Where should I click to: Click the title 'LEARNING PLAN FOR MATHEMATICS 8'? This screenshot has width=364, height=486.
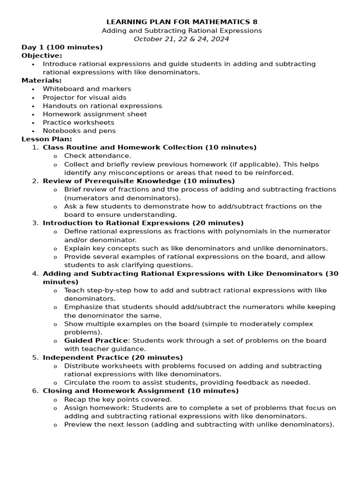tap(182, 22)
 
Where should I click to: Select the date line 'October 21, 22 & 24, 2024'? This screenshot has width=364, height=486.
tap(182, 39)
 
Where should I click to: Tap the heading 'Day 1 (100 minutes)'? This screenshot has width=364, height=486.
tap(62, 47)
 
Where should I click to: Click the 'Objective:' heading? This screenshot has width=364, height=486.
tap(42, 56)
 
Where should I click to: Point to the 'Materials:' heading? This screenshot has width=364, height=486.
tap(42, 81)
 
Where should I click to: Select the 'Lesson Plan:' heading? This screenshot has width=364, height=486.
tap(47, 139)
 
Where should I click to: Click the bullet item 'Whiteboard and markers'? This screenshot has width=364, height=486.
tap(87, 89)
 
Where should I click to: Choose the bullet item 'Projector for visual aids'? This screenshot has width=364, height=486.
tap(84, 97)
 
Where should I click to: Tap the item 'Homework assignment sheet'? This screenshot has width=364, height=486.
tap(95, 114)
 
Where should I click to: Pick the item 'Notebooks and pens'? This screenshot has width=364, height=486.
tap(79, 131)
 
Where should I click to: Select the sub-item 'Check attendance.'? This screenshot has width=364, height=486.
tap(98, 156)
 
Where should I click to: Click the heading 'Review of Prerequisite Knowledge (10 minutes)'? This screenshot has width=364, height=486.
tap(138, 181)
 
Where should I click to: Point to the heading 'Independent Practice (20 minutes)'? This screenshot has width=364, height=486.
tap(113, 357)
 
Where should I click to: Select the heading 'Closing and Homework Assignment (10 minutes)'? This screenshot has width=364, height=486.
tap(141, 391)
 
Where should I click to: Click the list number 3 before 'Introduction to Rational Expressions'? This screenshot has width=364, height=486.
tap(35, 223)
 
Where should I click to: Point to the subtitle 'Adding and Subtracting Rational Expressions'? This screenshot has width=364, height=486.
tap(182, 31)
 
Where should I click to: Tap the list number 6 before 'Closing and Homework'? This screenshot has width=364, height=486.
tap(35, 391)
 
